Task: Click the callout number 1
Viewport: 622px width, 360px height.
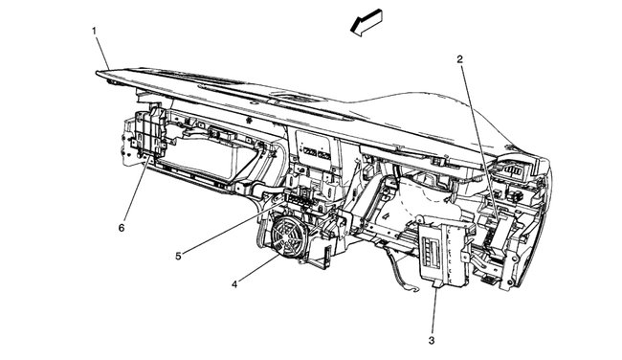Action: click(x=95, y=31)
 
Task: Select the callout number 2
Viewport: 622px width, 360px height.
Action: click(x=460, y=59)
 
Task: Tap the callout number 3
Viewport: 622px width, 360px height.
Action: click(x=432, y=340)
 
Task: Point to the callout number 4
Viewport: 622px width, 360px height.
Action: click(x=233, y=283)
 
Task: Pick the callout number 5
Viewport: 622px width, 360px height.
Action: click(x=178, y=255)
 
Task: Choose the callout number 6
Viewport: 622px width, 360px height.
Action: click(x=122, y=228)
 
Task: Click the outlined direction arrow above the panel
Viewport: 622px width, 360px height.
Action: click(x=368, y=23)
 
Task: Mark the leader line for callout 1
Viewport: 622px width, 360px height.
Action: click(x=104, y=50)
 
